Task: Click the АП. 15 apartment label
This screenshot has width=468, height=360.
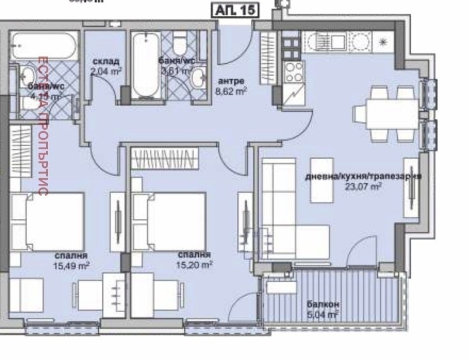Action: tap(233, 11)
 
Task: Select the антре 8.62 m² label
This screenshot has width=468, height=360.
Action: tap(232, 85)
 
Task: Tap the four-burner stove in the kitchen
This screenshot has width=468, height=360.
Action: tap(292, 74)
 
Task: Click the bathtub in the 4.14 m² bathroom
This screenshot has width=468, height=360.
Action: tap(44, 45)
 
